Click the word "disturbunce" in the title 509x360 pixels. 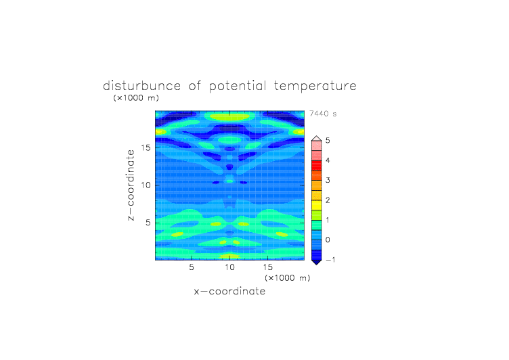(x=142, y=86)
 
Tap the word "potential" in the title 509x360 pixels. (x=238, y=87)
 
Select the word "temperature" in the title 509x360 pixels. (x=315, y=87)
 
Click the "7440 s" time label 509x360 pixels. (x=323, y=114)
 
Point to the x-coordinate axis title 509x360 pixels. (x=229, y=291)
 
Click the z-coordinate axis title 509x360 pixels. (x=131, y=185)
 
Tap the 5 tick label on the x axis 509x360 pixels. (x=192, y=267)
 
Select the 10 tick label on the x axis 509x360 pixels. (x=230, y=267)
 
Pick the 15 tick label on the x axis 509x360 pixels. (x=268, y=267)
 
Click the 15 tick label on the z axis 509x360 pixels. (x=146, y=148)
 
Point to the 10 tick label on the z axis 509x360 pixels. (x=146, y=185)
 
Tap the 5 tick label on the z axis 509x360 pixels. (x=148, y=223)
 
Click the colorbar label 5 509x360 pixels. (x=328, y=141)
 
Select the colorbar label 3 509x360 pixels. (x=328, y=180)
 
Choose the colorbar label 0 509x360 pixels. (x=328, y=240)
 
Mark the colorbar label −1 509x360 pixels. (x=330, y=260)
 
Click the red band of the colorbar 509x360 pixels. (x=317, y=166)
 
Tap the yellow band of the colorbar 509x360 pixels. (x=317, y=205)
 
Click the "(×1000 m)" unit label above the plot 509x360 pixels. (x=136, y=97)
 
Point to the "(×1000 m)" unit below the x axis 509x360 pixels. (x=288, y=278)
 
